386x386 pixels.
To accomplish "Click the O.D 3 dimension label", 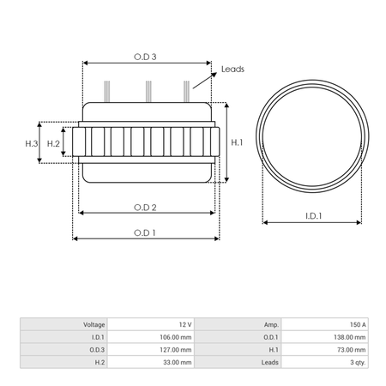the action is [145, 57].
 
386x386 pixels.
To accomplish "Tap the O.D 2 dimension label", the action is [145, 208].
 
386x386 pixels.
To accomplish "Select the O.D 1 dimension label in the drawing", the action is [145, 232].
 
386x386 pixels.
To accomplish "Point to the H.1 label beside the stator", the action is [237, 142].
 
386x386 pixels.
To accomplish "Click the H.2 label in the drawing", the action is [53, 143].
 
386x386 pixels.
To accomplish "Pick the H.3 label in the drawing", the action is [32, 143].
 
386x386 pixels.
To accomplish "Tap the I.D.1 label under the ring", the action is [314, 216].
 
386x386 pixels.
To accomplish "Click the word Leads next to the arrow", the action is [232, 69].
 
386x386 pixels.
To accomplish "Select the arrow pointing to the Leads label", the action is [205, 81].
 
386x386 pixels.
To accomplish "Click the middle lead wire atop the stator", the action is [148, 92].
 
